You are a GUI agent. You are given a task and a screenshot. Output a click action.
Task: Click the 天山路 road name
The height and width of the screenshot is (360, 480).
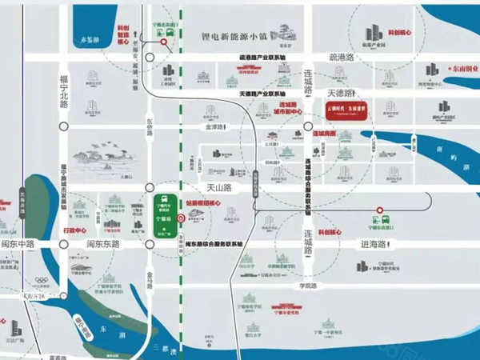coord(218,187)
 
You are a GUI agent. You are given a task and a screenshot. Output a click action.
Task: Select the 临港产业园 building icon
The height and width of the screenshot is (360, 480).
coord(373,35)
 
